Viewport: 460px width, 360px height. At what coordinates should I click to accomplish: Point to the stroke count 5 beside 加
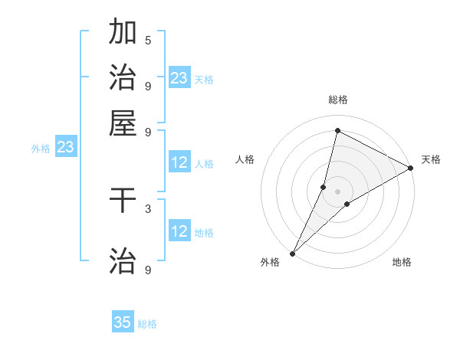pyautogui.click(x=148, y=40)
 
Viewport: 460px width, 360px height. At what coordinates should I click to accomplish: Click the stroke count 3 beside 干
pyautogui.click(x=148, y=208)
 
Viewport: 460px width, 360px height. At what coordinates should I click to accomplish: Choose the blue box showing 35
pyautogui.click(x=123, y=322)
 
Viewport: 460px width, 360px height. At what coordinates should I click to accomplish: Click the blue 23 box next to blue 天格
pyautogui.click(x=179, y=78)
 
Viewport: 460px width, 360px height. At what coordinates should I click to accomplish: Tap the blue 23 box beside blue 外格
pyautogui.click(x=65, y=147)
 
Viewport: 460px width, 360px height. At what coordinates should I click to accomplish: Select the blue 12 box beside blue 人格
pyautogui.click(x=179, y=162)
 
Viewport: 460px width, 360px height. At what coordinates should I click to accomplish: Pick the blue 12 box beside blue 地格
pyautogui.click(x=179, y=231)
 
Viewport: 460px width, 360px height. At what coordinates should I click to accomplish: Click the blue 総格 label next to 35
pyautogui.click(x=147, y=324)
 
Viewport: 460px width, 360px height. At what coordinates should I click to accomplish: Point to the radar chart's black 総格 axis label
pyautogui.click(x=337, y=100)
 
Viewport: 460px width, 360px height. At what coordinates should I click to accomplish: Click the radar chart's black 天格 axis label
pyautogui.click(x=431, y=159)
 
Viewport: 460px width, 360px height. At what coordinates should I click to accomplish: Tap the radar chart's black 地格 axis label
pyautogui.click(x=402, y=263)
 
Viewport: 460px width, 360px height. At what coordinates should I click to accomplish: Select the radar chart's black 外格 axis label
pyautogui.click(x=270, y=263)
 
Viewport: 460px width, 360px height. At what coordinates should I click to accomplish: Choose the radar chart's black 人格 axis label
pyautogui.click(x=245, y=159)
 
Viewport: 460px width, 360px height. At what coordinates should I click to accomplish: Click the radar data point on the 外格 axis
pyautogui.click(x=292, y=253)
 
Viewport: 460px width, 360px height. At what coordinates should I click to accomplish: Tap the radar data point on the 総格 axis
pyautogui.click(x=337, y=130)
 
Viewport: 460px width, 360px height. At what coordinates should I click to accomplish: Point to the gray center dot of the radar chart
pyautogui.click(x=337, y=191)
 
